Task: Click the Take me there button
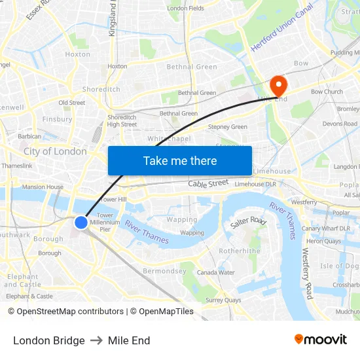point(180,160)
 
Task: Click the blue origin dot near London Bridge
point(81,223)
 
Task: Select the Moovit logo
point(320,340)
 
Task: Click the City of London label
point(55,151)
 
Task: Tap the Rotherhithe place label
point(240,251)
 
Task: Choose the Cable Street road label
point(208,184)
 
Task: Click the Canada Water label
point(215,272)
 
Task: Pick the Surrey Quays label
point(223,300)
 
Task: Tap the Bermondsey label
point(164,271)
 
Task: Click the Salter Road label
point(248,223)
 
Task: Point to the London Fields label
point(186,9)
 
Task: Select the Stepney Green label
point(227,127)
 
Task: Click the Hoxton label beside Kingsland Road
point(117,66)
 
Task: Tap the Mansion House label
point(43,187)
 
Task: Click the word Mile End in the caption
point(129,340)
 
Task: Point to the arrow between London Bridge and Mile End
point(96,340)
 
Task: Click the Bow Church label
point(327,92)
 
